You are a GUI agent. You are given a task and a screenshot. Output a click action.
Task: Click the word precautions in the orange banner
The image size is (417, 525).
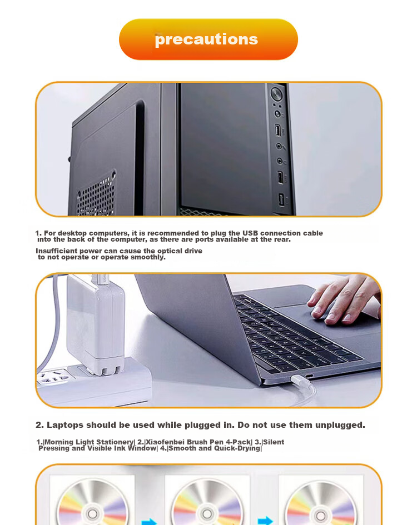tap(206, 39)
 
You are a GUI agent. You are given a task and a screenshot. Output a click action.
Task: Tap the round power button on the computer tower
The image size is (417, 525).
tap(276, 93)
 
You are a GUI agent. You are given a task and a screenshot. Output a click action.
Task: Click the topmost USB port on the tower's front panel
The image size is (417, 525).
tap(278, 130)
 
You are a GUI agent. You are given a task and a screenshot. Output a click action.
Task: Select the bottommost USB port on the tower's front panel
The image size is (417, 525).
tap(281, 200)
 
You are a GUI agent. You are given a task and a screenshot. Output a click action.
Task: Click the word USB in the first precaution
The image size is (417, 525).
tap(250, 233)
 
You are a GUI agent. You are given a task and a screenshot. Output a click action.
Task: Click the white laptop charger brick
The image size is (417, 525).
tap(96, 323)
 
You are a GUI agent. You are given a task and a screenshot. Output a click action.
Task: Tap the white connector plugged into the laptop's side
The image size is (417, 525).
tap(300, 380)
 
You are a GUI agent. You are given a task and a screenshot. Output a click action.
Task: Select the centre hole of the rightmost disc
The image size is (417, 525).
tap(320, 515)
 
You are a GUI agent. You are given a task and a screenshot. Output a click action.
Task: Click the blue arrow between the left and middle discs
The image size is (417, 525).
tap(149, 521)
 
